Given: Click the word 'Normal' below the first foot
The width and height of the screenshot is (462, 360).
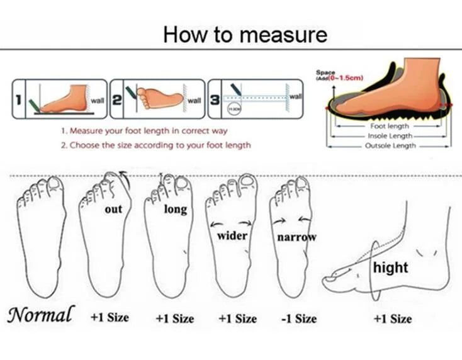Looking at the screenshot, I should [41, 314].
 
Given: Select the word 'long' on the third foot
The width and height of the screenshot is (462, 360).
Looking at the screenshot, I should [175, 209].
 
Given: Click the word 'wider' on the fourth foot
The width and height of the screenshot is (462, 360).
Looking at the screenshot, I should [232, 236].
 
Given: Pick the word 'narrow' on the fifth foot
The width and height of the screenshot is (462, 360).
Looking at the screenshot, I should [296, 237].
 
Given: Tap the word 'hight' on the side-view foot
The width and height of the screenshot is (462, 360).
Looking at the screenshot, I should [390, 267].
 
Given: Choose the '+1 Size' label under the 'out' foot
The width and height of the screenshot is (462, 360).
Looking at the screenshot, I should [110, 317].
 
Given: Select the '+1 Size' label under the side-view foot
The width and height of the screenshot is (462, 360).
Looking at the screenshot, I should [392, 318].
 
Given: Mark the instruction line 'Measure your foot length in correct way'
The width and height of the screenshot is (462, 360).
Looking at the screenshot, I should [144, 131].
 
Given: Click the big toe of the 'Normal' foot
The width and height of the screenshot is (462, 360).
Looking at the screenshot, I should [55, 184].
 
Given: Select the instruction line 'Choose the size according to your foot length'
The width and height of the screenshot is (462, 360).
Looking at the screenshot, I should [155, 145].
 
